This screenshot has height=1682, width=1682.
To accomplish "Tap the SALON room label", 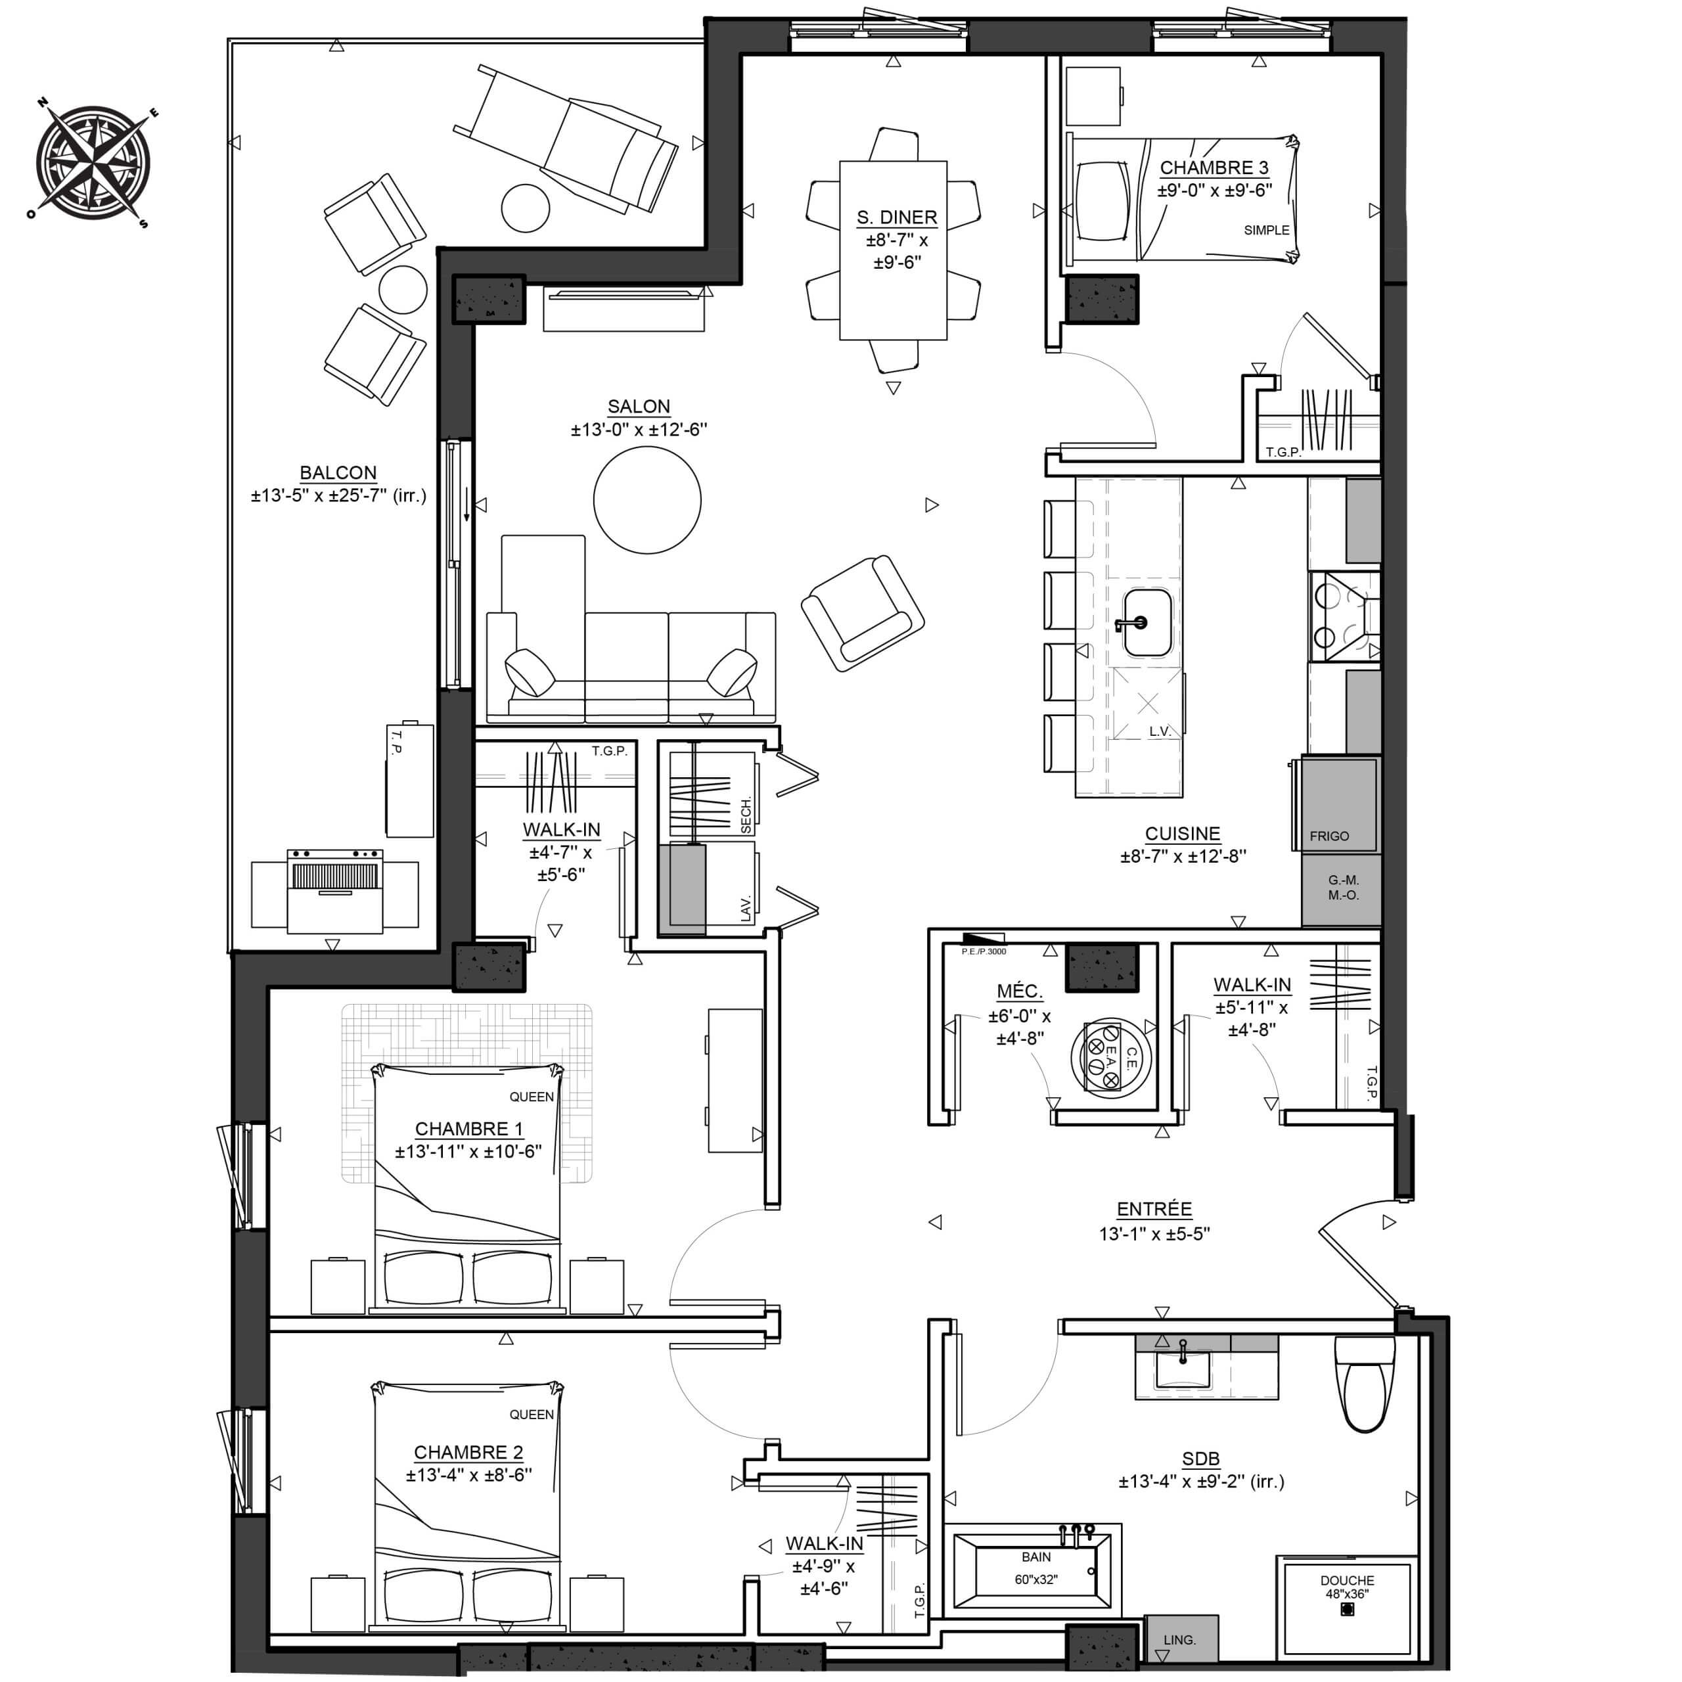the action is (x=639, y=407).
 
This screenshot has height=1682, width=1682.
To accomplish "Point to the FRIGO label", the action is (x=1329, y=836).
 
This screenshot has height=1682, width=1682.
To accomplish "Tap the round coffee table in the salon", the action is (x=647, y=500).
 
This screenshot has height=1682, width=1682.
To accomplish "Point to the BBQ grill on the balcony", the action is (x=335, y=892).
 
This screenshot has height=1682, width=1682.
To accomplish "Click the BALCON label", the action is (x=338, y=473).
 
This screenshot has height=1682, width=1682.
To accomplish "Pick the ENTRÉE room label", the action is (x=1154, y=1209).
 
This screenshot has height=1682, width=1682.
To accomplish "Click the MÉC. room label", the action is (x=1020, y=991).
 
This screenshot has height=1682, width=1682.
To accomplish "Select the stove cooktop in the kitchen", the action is (x=1344, y=617).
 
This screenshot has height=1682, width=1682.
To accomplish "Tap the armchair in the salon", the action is (x=862, y=613).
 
